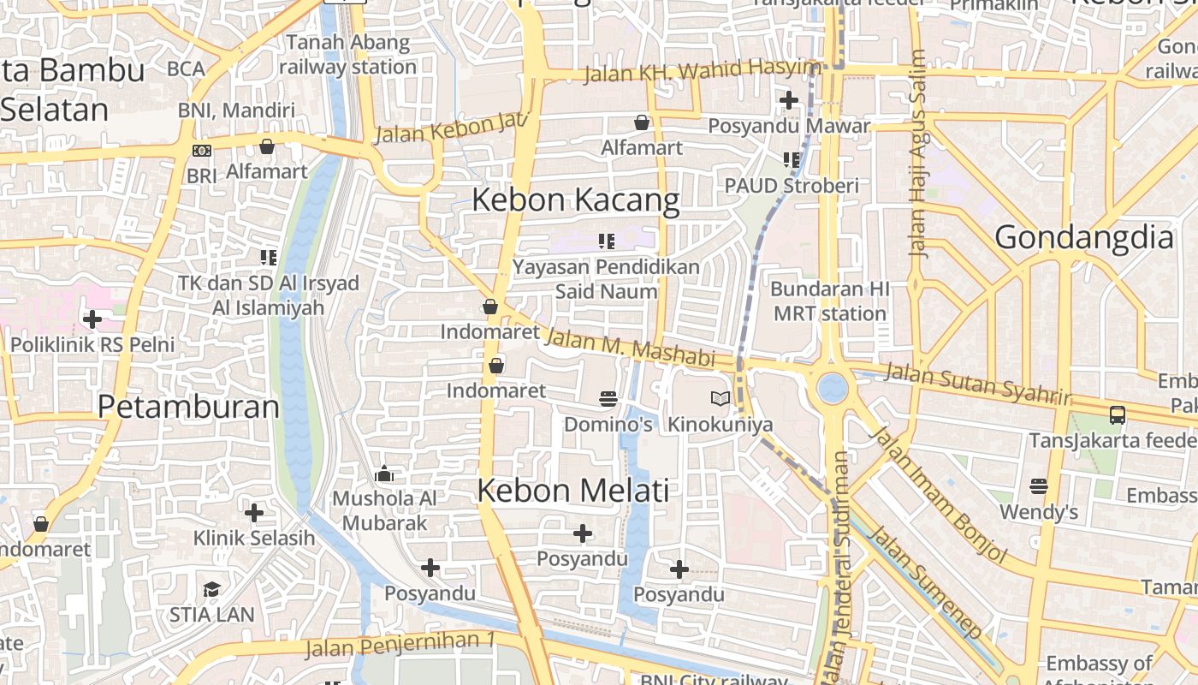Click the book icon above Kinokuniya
click(x=721, y=398)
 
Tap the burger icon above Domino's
click(x=608, y=398)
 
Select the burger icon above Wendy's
click(x=1039, y=486)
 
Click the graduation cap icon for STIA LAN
click(x=211, y=589)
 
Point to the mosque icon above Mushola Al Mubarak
click(x=384, y=474)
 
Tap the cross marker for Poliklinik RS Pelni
click(x=92, y=319)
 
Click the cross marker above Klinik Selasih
click(x=254, y=513)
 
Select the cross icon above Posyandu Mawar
click(x=789, y=100)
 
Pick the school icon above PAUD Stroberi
click(x=792, y=159)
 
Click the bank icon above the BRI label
click(x=202, y=151)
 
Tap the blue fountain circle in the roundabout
click(x=832, y=389)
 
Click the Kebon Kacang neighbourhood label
click(x=576, y=200)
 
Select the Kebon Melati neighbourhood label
click(x=572, y=491)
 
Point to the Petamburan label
click(x=188, y=406)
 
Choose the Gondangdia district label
click(x=1083, y=236)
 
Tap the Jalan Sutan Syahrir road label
click(x=977, y=384)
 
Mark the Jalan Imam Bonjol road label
click(x=939, y=493)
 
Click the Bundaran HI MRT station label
click(x=829, y=301)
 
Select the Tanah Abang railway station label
click(x=347, y=54)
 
